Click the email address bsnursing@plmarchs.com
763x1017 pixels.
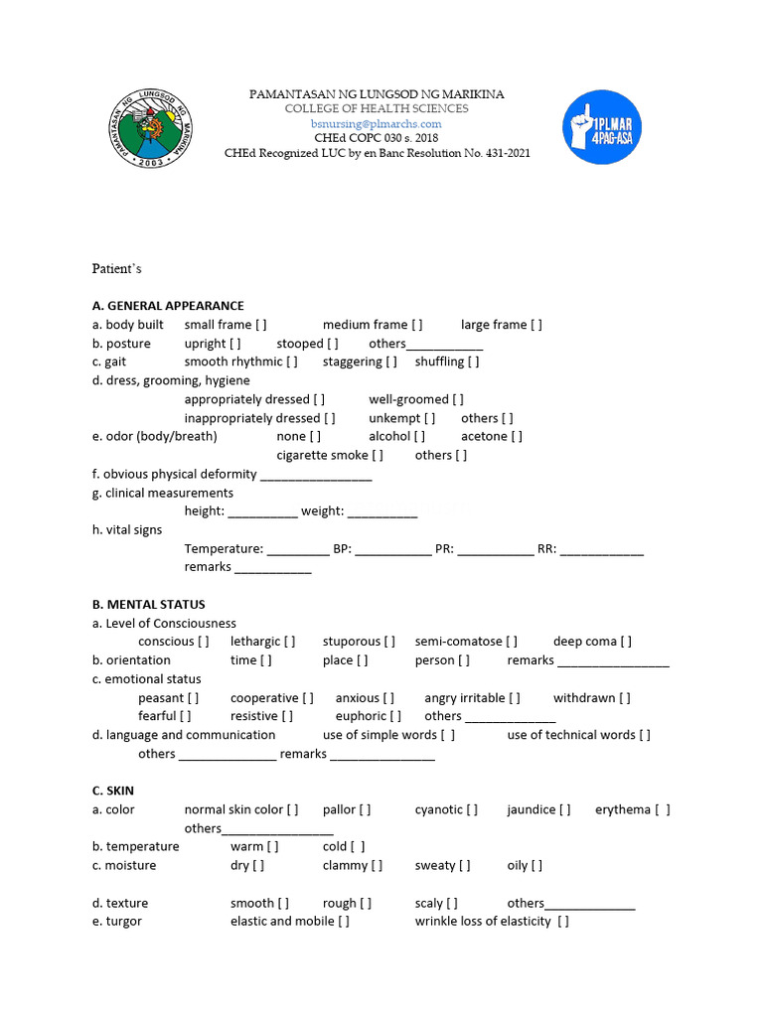pyautogui.click(x=376, y=124)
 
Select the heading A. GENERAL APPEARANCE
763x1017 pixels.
pyautogui.click(x=168, y=306)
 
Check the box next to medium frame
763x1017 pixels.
pyautogui.click(x=417, y=325)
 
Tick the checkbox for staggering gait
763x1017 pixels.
pyautogui.click(x=391, y=362)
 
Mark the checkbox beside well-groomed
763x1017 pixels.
pyautogui.click(x=458, y=399)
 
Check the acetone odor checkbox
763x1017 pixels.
pyautogui.click(x=517, y=436)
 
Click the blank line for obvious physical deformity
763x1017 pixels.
pyautogui.click(x=316, y=476)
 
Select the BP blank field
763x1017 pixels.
pyautogui.click(x=393, y=549)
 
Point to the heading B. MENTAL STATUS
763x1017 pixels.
pyautogui.click(x=148, y=605)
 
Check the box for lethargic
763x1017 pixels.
pyautogui.click(x=290, y=642)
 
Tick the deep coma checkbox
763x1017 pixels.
pyautogui.click(x=626, y=642)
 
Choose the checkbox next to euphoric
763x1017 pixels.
pyautogui.click(x=396, y=716)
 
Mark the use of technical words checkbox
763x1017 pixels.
pyautogui.click(x=646, y=735)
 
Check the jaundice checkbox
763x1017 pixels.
pyautogui.click(x=565, y=809)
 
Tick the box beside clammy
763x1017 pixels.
pyautogui.click(x=377, y=866)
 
